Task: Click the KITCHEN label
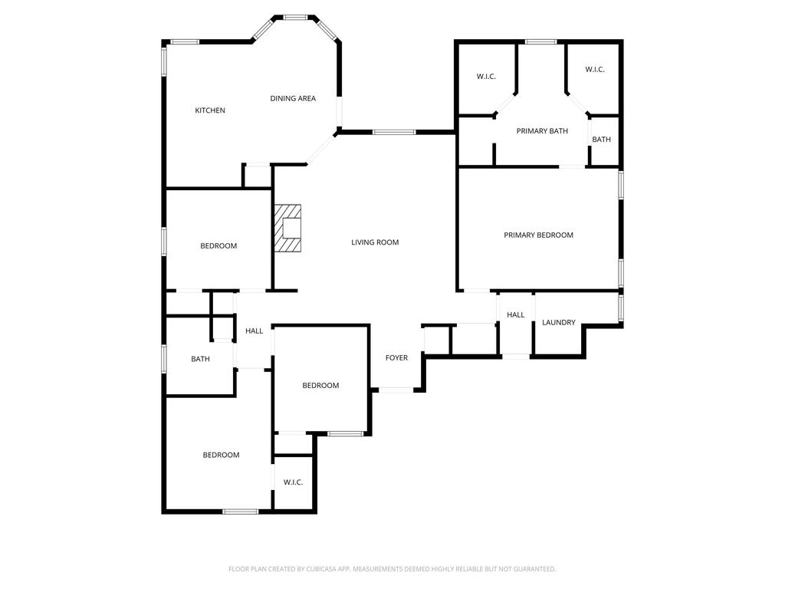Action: (x=210, y=110)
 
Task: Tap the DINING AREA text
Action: (x=293, y=98)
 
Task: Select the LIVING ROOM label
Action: (x=375, y=242)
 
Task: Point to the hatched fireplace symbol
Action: (x=287, y=228)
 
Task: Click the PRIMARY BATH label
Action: (x=542, y=130)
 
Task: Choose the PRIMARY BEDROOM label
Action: (x=538, y=235)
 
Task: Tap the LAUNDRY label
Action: (x=559, y=322)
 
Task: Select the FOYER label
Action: (x=396, y=357)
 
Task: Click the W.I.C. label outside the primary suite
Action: (x=293, y=482)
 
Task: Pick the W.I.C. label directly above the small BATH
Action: (x=595, y=69)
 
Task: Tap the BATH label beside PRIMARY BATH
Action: (x=601, y=140)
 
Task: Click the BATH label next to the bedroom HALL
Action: (x=200, y=359)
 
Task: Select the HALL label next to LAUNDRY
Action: (x=516, y=314)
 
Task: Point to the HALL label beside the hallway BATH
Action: (x=255, y=331)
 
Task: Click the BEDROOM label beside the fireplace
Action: (x=218, y=245)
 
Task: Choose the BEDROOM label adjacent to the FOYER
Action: (x=320, y=385)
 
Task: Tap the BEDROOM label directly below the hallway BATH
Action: (x=221, y=455)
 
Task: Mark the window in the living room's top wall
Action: (x=394, y=132)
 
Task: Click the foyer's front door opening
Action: (x=396, y=390)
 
